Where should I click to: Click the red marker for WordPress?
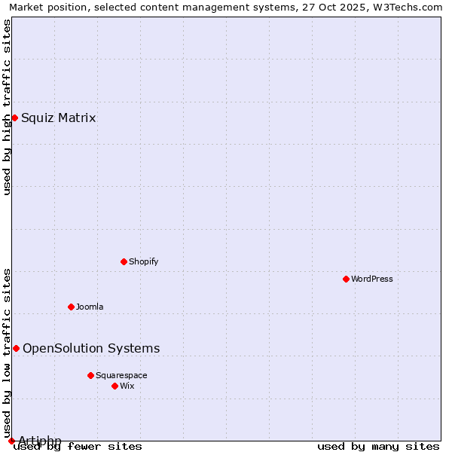[x=346, y=279]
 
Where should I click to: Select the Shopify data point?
[x=124, y=261]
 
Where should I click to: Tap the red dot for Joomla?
[x=71, y=307]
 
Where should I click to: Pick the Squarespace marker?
[x=90, y=375]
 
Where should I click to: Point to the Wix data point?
[x=115, y=386]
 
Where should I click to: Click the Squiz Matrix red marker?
[x=14, y=118]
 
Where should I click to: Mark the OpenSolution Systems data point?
[x=16, y=348]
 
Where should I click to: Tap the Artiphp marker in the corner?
[x=11, y=441]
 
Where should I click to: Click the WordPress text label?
[x=372, y=279]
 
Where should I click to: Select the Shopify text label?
[x=144, y=261]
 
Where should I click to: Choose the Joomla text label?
[x=90, y=307]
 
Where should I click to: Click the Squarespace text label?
[x=121, y=375]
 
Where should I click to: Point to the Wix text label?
[x=127, y=386]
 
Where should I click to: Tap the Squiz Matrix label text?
[x=59, y=118]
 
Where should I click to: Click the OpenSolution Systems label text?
[x=91, y=348]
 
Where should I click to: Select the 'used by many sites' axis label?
[x=378, y=447]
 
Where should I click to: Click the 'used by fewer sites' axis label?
[x=78, y=447]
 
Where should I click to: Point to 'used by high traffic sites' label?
[x=7, y=106]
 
